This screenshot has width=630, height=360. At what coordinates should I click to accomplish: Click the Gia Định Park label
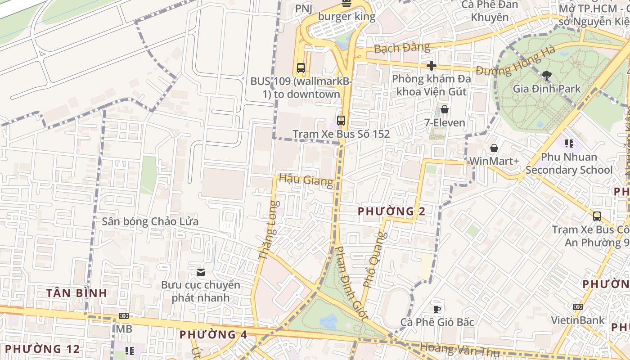tap(547, 89)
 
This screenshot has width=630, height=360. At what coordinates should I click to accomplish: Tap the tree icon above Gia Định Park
tap(547, 75)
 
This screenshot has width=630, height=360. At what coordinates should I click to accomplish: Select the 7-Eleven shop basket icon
tap(445, 109)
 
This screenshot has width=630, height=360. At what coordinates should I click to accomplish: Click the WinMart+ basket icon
tap(494, 148)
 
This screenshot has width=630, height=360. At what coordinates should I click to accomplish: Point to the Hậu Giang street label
tap(306, 180)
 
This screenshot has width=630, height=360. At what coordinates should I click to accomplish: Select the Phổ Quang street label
tap(375, 260)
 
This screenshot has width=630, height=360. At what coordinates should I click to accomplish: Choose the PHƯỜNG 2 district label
tap(391, 211)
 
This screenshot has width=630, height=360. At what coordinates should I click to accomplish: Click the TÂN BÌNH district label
tap(77, 293)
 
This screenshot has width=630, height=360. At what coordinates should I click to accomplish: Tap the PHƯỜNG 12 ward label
tap(42, 349)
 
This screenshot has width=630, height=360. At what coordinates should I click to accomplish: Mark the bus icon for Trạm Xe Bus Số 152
tap(341, 121)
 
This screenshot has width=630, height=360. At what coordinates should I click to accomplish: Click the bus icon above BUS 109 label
tap(301, 68)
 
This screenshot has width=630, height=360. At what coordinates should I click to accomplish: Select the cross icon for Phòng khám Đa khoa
tap(432, 66)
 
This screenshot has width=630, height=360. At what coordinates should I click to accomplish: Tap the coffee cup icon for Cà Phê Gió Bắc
tap(436, 309)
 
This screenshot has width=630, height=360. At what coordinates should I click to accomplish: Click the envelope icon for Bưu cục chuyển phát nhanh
tap(201, 272)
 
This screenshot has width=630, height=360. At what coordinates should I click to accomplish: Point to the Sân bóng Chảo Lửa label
tap(150, 221)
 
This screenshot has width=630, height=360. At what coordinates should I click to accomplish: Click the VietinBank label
tap(578, 320)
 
